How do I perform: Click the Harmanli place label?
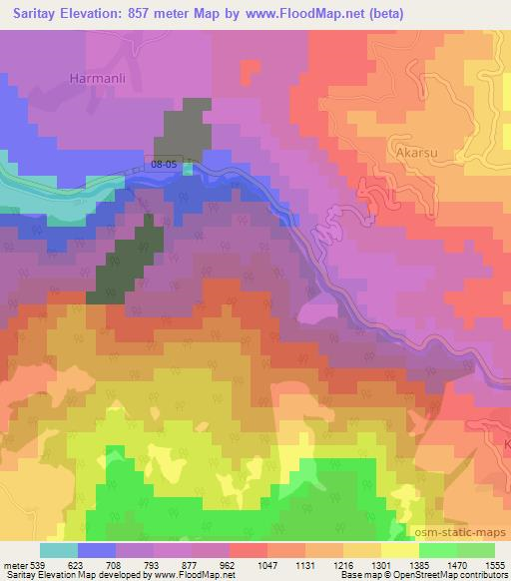point(95,76)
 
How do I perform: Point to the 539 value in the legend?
point(36,565)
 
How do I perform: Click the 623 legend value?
point(77,565)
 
